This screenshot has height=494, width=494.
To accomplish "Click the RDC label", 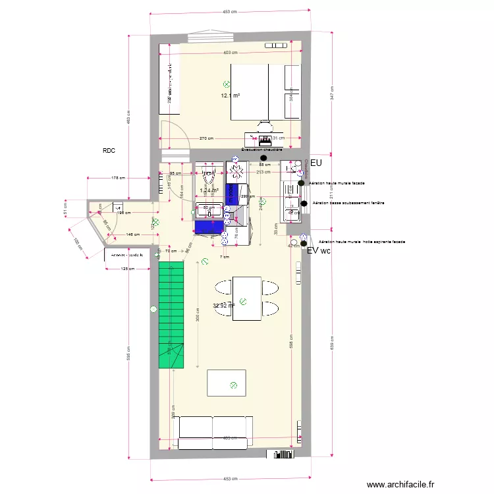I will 109,151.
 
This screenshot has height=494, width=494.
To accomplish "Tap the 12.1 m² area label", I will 230,96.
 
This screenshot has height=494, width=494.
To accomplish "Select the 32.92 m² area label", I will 224,306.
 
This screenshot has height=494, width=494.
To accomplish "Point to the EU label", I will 316,163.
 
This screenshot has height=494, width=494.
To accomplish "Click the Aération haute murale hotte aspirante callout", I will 362,242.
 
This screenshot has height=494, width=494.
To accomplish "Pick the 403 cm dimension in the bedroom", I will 230,53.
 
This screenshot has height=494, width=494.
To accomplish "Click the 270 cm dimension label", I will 206,138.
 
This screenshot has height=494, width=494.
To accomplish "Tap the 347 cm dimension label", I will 332,93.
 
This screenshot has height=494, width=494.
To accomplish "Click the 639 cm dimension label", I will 332,343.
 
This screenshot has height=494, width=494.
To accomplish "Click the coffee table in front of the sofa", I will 227,383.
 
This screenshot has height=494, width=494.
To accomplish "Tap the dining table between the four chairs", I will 246,298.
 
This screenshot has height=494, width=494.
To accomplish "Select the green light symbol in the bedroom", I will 227,84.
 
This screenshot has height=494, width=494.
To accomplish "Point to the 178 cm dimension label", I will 119,177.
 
